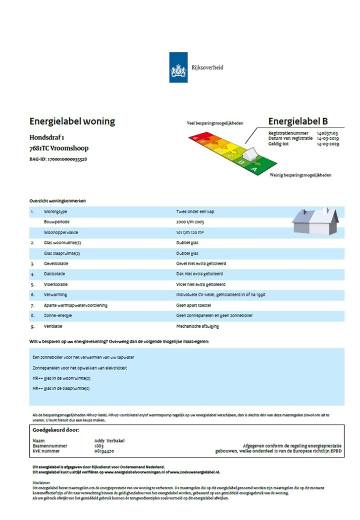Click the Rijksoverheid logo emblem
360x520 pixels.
pos(178,67)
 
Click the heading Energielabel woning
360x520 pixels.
pos(72,122)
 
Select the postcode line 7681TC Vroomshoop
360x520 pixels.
pos(59,149)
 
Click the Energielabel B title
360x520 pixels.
pos(298,121)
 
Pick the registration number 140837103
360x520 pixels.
pos(328,133)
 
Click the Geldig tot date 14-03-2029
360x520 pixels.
pos(328,144)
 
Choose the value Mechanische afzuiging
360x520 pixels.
pos(193,326)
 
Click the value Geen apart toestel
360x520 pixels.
pos(190,305)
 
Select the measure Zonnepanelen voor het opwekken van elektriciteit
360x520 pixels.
pos(79,368)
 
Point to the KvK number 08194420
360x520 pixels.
pos(104,451)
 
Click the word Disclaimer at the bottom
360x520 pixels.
pos(40,483)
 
